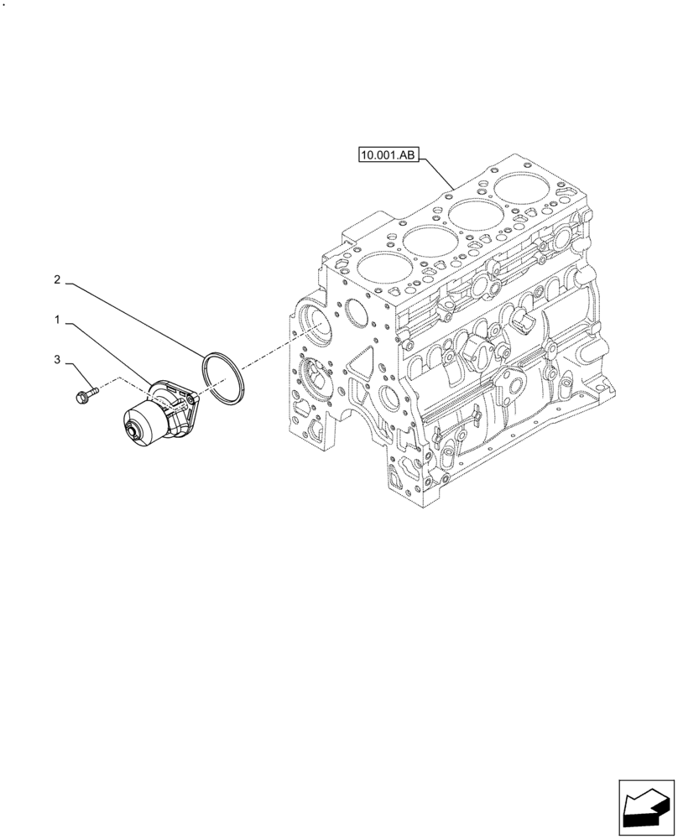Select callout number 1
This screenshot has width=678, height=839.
[x=57, y=320]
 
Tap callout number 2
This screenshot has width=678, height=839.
[x=57, y=279]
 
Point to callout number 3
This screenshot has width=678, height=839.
[x=57, y=360]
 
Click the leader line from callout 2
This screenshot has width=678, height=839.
[x=134, y=320]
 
